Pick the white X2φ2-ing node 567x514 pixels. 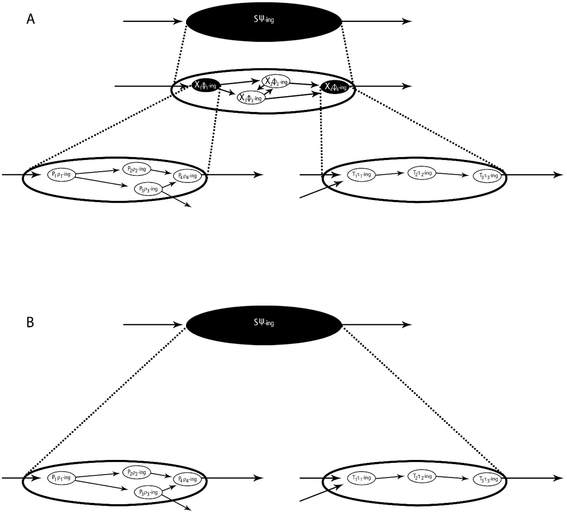point(276,81)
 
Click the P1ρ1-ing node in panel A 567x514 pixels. point(61,175)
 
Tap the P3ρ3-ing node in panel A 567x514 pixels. point(148,189)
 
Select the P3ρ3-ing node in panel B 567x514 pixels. point(148,492)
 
